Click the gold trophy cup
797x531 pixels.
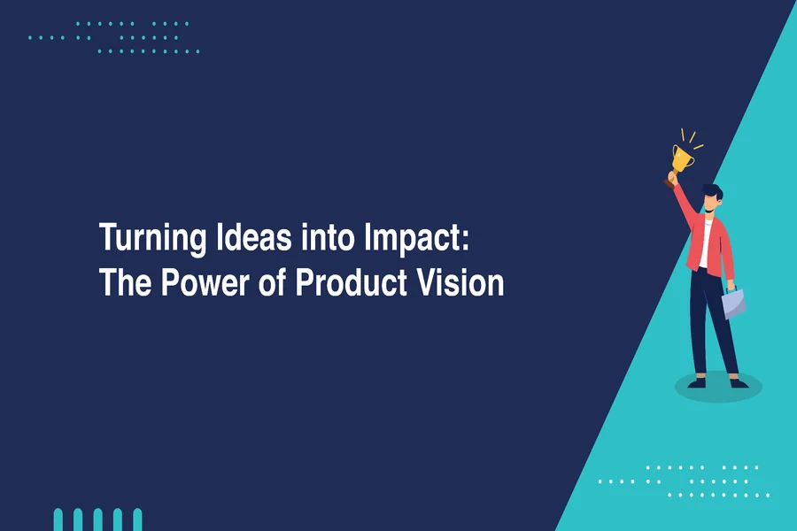click(x=681, y=158)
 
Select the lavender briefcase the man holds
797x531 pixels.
click(x=733, y=304)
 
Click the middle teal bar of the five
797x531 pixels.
click(x=97, y=519)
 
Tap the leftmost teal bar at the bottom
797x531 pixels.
click(x=58, y=519)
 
